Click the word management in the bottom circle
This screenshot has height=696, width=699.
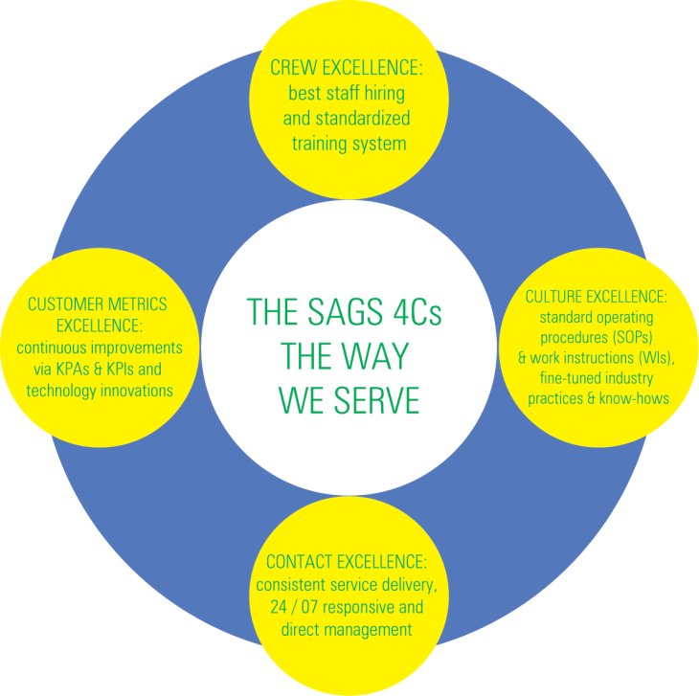[371, 630]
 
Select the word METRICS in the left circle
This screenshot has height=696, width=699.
[136, 303]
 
